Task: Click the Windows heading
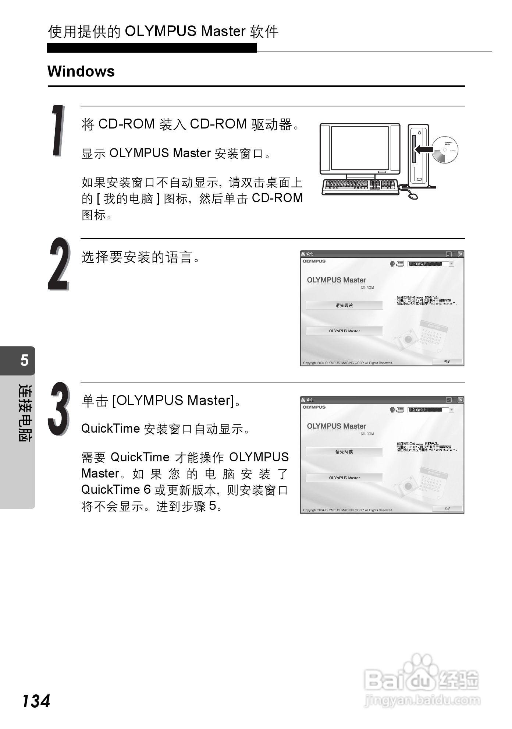81,71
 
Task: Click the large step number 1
58,131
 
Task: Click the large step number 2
58,264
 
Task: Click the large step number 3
58,409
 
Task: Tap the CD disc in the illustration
445,150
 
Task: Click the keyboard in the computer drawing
360,186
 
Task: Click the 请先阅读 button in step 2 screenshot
344,305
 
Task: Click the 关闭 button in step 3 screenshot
447,508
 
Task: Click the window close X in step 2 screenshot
461,254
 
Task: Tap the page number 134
36,701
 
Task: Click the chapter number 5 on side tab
24,360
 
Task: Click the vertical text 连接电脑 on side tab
25,412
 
